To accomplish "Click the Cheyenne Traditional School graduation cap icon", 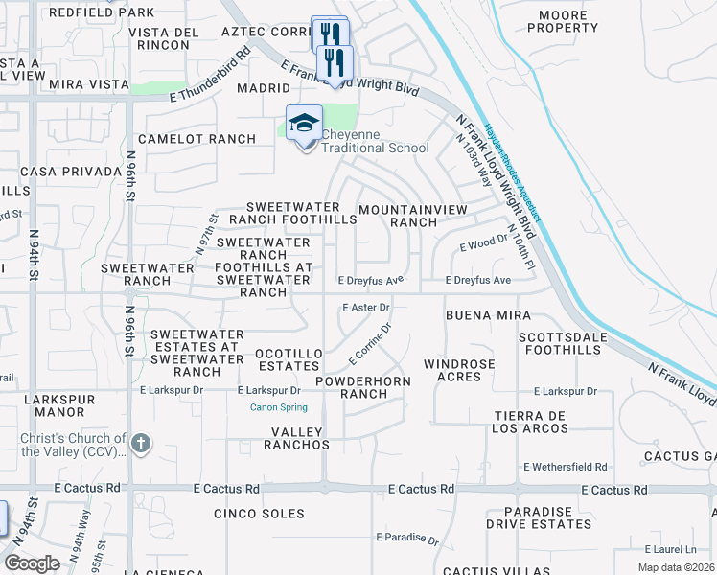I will (304, 124).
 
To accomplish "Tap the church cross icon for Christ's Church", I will (140, 443).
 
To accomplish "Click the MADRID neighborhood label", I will (263, 88).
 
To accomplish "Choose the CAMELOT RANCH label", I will (197, 139).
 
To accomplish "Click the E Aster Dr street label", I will (366, 308).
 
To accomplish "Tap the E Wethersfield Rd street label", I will (566, 467).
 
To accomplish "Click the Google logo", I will (33, 563).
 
